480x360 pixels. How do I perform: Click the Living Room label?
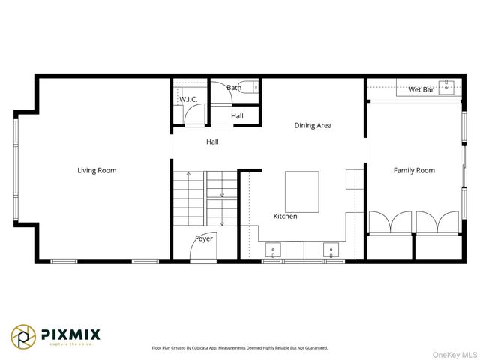point(97,170)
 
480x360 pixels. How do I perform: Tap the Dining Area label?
point(313,125)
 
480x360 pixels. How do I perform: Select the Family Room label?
point(414,170)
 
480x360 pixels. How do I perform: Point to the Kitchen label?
point(285,216)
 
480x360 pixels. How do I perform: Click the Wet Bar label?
point(421,90)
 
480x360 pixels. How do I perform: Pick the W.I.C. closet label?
point(187,99)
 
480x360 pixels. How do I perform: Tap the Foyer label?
point(204,238)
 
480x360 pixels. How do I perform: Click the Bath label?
point(234,88)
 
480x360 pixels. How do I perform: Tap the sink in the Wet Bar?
point(448,86)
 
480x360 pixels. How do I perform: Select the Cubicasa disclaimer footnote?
point(240,348)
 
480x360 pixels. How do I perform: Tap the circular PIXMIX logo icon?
point(22,337)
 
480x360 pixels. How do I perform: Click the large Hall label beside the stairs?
point(212,141)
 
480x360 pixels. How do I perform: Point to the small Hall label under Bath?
point(237,116)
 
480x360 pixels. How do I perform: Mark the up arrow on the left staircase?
point(187,175)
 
